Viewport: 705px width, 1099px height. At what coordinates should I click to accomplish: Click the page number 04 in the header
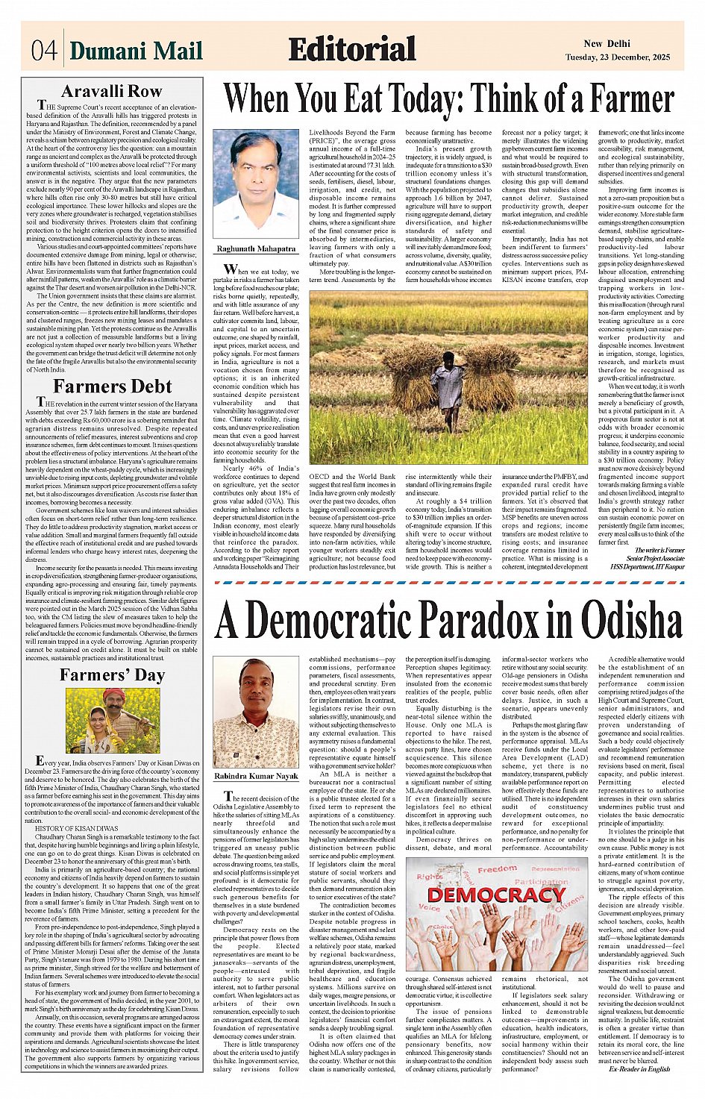(44, 51)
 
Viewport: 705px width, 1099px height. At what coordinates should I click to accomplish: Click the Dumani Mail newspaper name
(136, 51)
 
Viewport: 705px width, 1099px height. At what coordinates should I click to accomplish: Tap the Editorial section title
(351, 49)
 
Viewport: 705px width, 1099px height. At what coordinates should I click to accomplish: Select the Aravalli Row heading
(111, 92)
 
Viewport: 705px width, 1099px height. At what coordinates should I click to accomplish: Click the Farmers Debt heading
(112, 386)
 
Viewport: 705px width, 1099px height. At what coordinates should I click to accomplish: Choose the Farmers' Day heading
(112, 675)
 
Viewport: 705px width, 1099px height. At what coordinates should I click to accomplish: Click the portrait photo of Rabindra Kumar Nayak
(256, 712)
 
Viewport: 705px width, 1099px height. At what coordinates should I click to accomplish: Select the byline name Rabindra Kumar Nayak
(256, 777)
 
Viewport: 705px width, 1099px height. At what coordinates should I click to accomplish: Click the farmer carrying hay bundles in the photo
(450, 384)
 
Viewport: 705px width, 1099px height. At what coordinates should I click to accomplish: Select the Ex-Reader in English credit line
(639, 1068)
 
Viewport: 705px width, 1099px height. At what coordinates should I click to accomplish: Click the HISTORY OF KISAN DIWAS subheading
(76, 829)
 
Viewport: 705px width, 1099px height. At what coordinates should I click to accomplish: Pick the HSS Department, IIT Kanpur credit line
(648, 567)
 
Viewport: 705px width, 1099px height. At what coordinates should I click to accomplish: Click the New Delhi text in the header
(607, 44)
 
